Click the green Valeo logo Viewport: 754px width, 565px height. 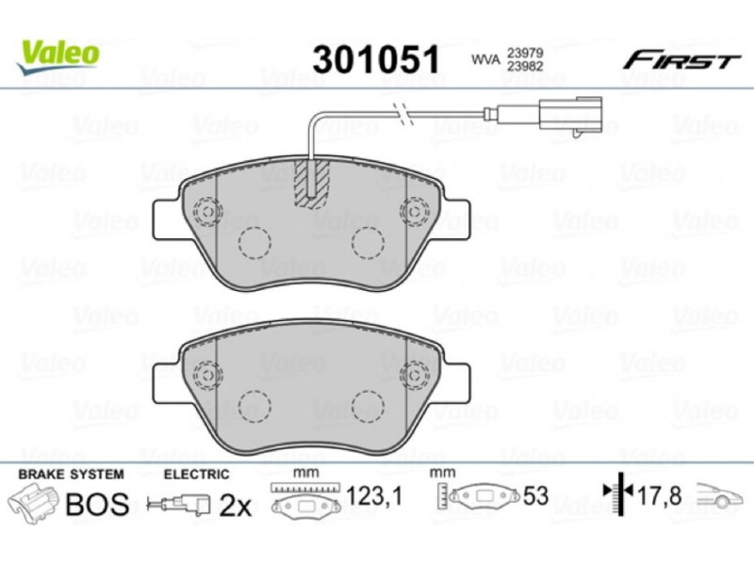coord(58,56)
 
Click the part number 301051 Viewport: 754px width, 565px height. coord(376,59)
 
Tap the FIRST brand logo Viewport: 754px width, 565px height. coord(681,61)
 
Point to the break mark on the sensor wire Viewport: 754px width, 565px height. coord(403,114)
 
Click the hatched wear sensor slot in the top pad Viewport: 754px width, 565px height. coord(312,184)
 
